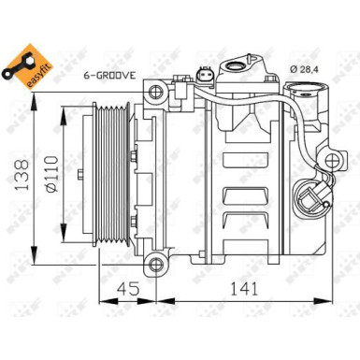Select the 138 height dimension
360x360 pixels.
click(x=18, y=164)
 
